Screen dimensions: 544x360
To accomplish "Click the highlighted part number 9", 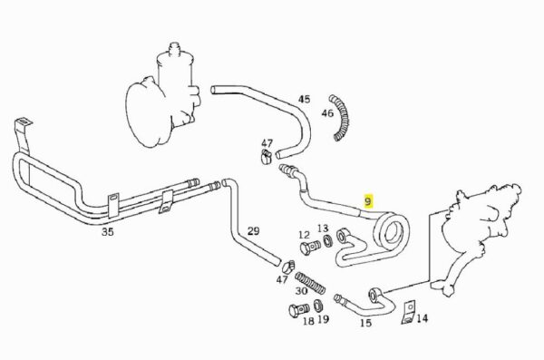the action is [x=368, y=201].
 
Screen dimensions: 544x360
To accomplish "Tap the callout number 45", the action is [x=304, y=99].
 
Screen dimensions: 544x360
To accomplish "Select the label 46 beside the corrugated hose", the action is [x=327, y=113].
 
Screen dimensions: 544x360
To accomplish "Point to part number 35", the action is [x=108, y=232].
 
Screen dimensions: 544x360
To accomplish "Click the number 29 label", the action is [x=253, y=231].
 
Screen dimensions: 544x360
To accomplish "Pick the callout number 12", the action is [x=305, y=236].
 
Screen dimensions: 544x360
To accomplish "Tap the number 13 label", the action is [x=322, y=229].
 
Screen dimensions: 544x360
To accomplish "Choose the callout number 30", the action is [x=301, y=291].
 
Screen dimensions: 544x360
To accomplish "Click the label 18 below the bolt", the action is [x=308, y=321].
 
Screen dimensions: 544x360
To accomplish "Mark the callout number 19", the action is [x=323, y=319].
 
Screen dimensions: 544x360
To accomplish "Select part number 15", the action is [x=365, y=323].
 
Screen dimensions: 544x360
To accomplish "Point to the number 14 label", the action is [x=422, y=318].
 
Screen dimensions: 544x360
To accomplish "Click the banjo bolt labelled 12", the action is [x=310, y=248].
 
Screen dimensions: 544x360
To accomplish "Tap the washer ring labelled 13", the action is [x=327, y=240].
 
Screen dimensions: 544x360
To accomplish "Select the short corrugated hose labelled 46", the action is [x=340, y=117].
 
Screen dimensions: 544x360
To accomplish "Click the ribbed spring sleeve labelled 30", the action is [x=310, y=283].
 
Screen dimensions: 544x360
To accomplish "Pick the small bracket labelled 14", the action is [x=409, y=313].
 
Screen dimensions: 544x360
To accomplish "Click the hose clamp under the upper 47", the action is [x=266, y=156].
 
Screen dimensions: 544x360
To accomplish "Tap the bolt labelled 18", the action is [x=298, y=309].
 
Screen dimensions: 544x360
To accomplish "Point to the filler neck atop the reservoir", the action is [x=175, y=48].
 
